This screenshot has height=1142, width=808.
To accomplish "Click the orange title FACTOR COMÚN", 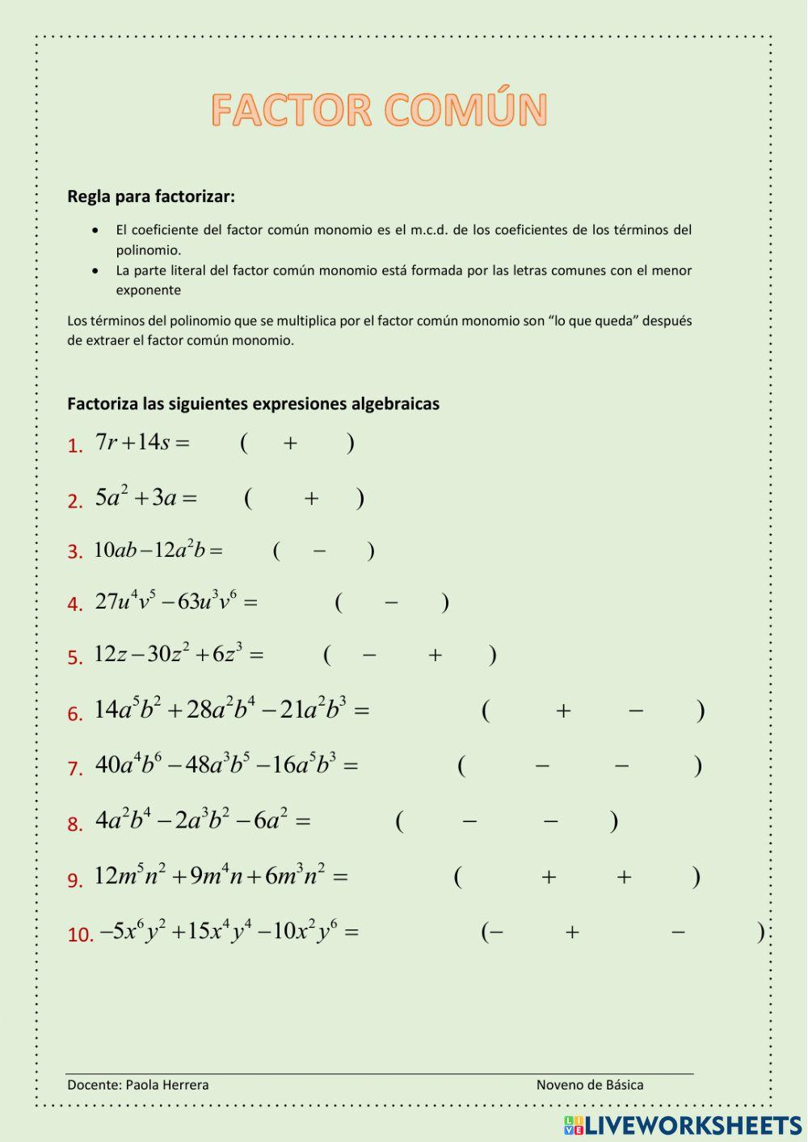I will [380, 110].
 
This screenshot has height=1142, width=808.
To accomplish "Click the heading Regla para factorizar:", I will [151, 196].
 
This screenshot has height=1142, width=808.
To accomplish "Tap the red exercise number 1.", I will [75, 446].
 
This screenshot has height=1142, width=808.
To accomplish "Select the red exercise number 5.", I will [75, 658].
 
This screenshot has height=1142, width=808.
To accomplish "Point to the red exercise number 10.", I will [80, 935].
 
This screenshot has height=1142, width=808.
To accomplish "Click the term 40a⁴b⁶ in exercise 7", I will [128, 764].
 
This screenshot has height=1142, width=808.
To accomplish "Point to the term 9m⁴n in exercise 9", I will [217, 875].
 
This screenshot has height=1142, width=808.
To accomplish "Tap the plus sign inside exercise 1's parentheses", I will [290, 443].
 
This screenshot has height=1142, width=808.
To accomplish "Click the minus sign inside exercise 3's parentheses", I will [319, 551].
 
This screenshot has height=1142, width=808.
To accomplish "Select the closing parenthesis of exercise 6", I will [701, 710].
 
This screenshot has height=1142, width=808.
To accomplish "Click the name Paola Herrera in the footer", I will [166, 1085].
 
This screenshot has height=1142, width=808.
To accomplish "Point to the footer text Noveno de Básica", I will [590, 1085].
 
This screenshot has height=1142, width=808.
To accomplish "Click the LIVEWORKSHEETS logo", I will [683, 1125].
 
